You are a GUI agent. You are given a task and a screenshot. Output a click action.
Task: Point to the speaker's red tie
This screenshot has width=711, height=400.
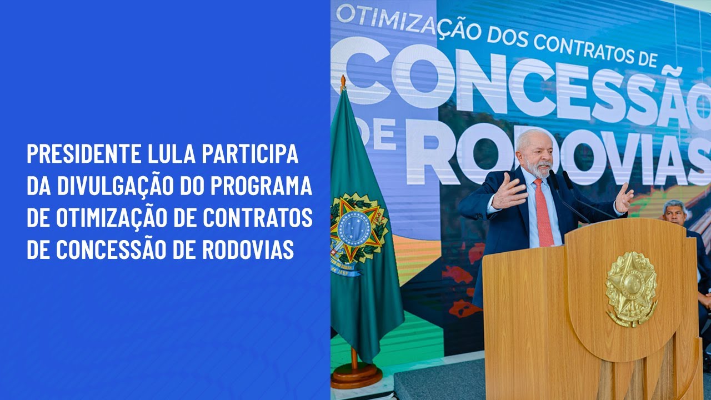point(543,214)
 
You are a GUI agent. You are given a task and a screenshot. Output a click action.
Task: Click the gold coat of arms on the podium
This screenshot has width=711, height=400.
point(631,288)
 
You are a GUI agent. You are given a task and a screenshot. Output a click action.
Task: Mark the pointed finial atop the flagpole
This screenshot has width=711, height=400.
point(343,82)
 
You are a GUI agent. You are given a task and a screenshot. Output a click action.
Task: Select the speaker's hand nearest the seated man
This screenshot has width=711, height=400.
point(624,197)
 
